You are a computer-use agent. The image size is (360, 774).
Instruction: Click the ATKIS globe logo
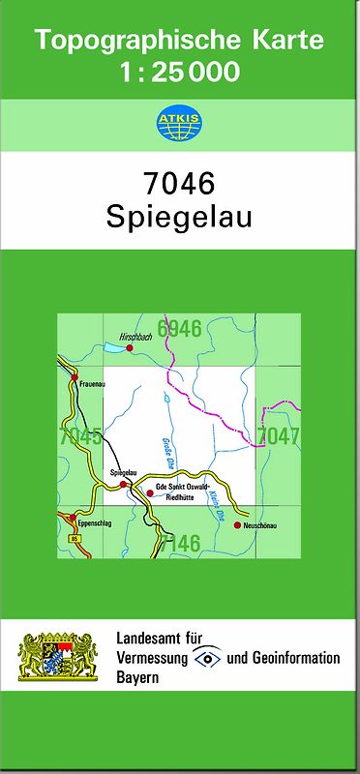pos(179,123)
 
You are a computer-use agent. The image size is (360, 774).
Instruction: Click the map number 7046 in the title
pos(179,182)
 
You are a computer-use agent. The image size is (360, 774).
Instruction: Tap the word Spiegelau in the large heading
pos(179,215)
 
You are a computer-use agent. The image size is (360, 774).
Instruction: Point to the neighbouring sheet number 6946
pos(179,329)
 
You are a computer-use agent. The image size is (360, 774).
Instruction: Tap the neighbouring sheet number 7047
pos(279,436)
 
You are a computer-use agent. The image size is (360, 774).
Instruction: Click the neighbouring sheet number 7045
pos(80,436)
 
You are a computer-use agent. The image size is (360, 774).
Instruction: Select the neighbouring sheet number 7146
pos(179,544)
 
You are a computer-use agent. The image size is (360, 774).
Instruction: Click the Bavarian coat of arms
pos(58,658)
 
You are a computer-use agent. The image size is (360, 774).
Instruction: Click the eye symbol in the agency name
pos(207,658)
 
